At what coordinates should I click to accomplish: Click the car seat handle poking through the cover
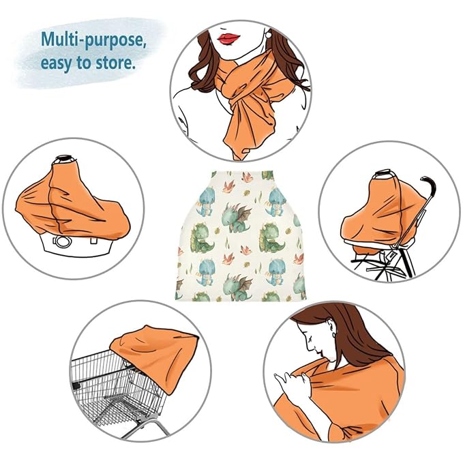click(x=67, y=158)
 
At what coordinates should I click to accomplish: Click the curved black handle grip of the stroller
click(x=428, y=185)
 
